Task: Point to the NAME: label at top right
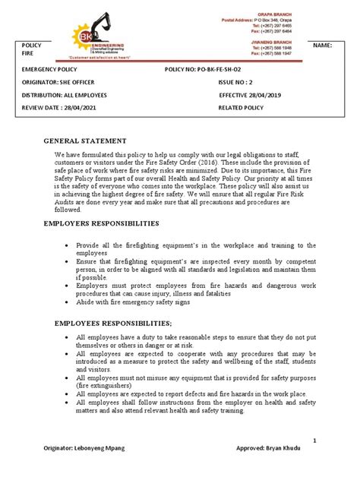322,46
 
